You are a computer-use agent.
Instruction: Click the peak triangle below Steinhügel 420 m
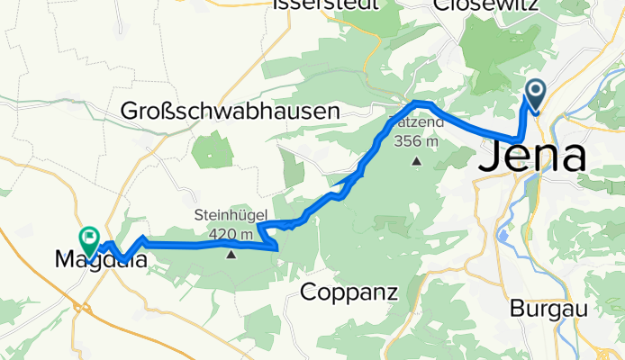coord(231,254)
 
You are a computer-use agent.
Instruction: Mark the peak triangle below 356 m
coord(416,161)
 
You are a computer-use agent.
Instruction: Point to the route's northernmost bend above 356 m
coord(416,103)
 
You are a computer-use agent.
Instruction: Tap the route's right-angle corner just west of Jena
coord(520,138)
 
